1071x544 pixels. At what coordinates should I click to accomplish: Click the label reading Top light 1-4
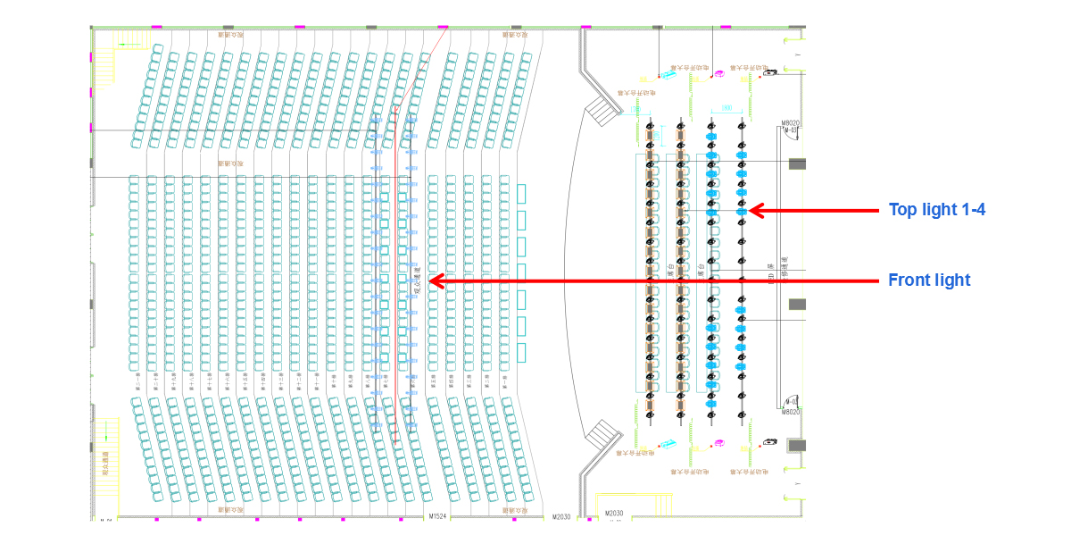(x=936, y=210)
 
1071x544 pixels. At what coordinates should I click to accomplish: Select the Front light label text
(x=929, y=280)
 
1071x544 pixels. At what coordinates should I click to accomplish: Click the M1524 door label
(x=436, y=516)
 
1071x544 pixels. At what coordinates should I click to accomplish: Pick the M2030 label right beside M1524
(x=560, y=516)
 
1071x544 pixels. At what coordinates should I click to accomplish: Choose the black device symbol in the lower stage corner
(x=769, y=442)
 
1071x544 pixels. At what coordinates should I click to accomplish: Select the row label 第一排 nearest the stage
(x=503, y=379)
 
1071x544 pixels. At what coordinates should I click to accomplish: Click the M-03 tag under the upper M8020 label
(x=789, y=131)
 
